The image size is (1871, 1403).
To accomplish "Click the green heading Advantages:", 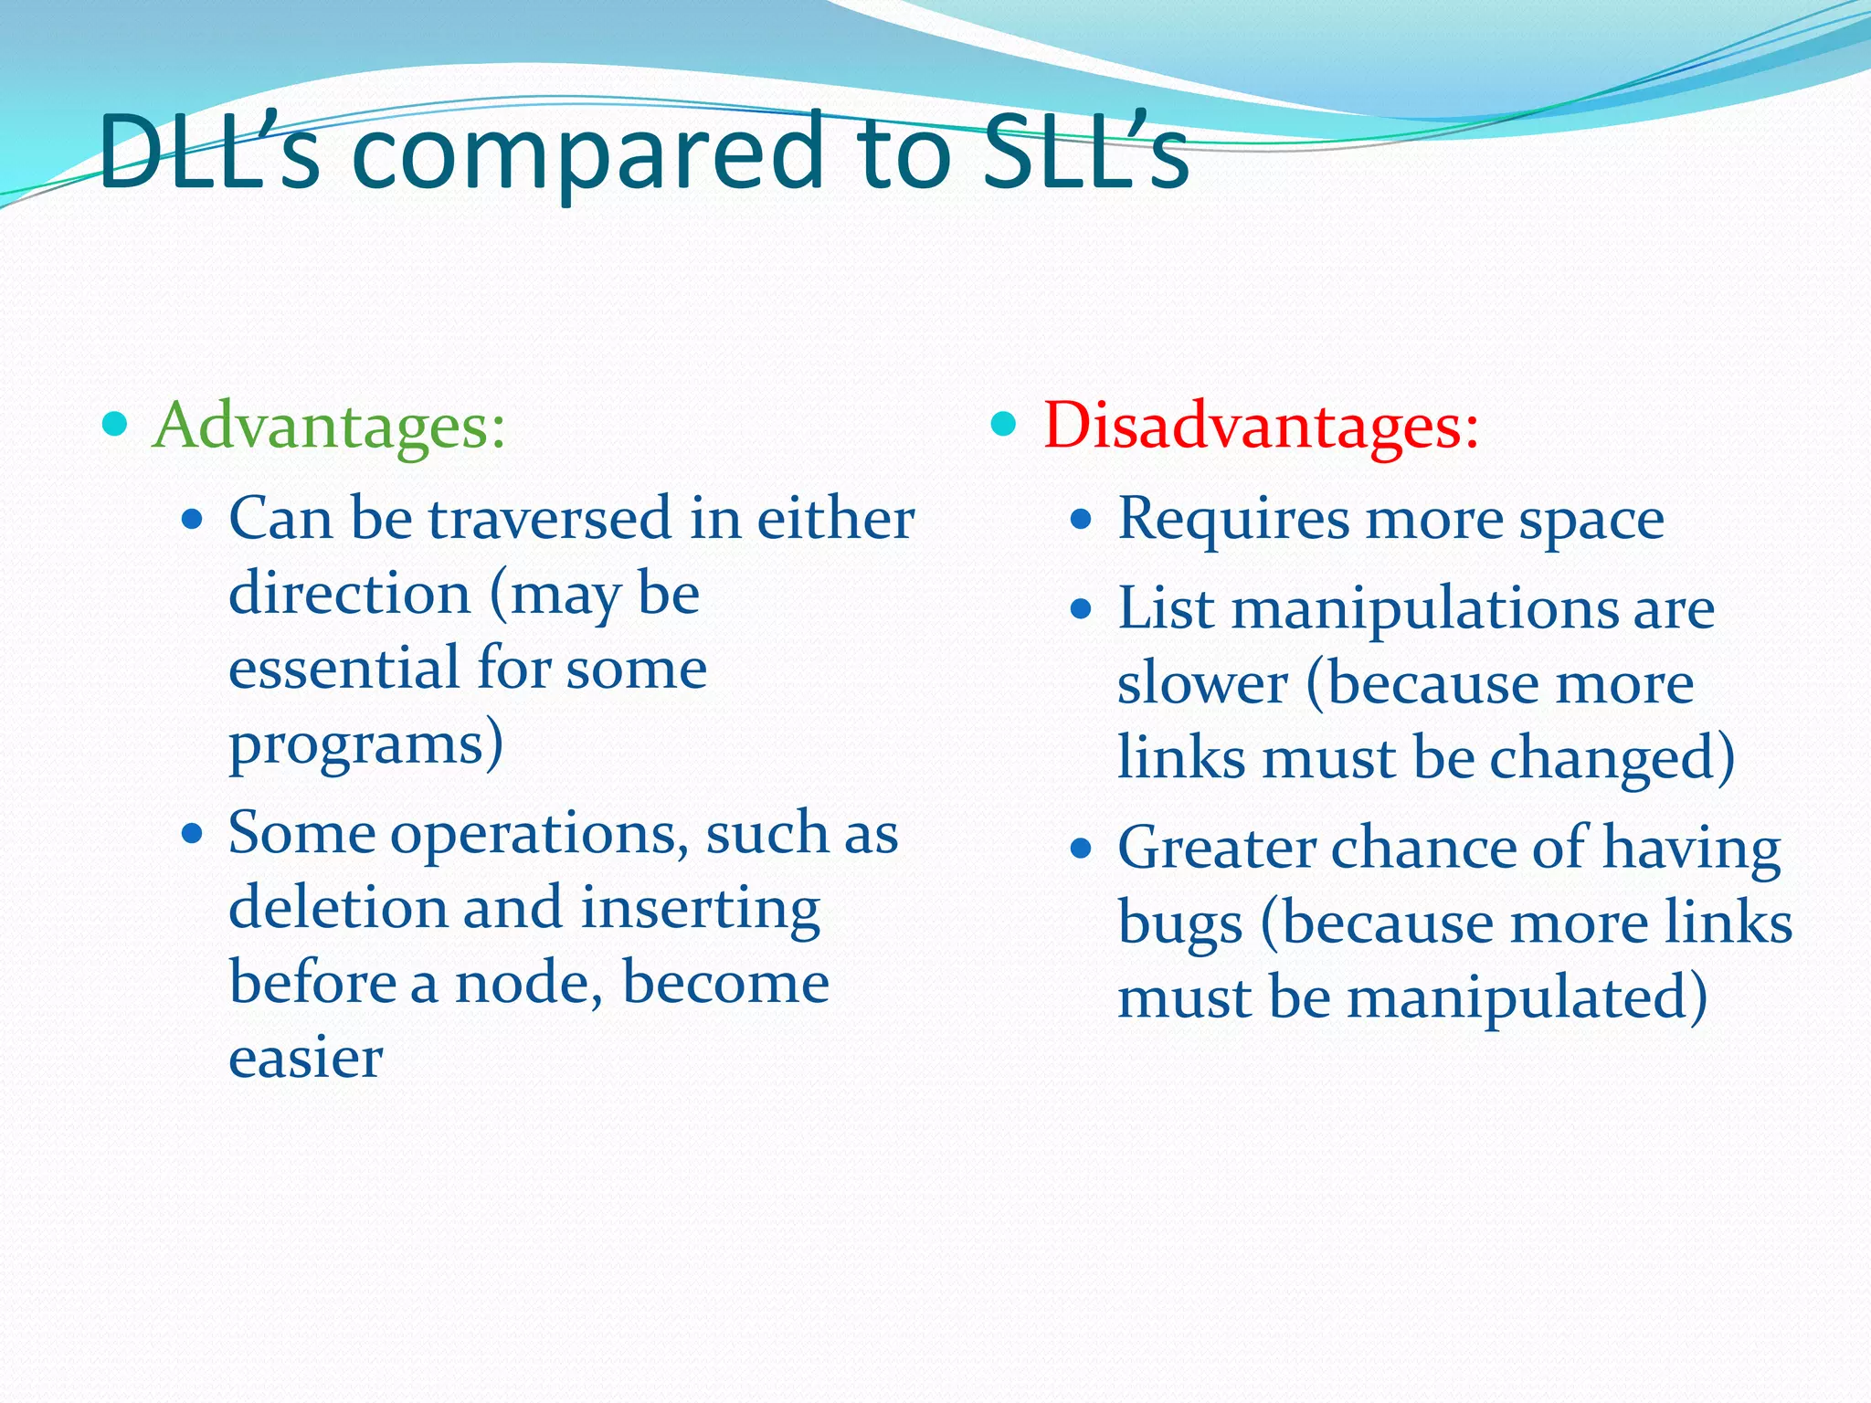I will (x=329, y=426).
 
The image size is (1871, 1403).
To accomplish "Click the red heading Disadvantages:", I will (x=1261, y=426).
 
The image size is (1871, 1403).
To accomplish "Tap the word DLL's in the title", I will (x=209, y=153).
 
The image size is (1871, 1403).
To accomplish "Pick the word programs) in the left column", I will (x=365, y=744).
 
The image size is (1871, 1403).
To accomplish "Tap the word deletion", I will (x=337, y=909).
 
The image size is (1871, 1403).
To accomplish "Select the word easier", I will (x=305, y=1059).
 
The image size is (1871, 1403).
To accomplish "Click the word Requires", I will (x=1233, y=519).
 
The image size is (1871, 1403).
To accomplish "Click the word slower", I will (x=1202, y=685).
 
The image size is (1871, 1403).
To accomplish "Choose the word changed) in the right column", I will (x=1612, y=759).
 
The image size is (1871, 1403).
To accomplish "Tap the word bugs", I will (x=1179, y=924).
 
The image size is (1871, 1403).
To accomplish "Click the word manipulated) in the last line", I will (x=1527, y=998).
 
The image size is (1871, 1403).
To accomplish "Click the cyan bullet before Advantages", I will (x=115, y=424).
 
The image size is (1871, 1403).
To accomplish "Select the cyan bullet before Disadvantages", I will (x=1003, y=424).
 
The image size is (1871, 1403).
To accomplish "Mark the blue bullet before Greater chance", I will (x=1081, y=849).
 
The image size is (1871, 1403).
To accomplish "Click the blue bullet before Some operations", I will (x=192, y=834).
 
